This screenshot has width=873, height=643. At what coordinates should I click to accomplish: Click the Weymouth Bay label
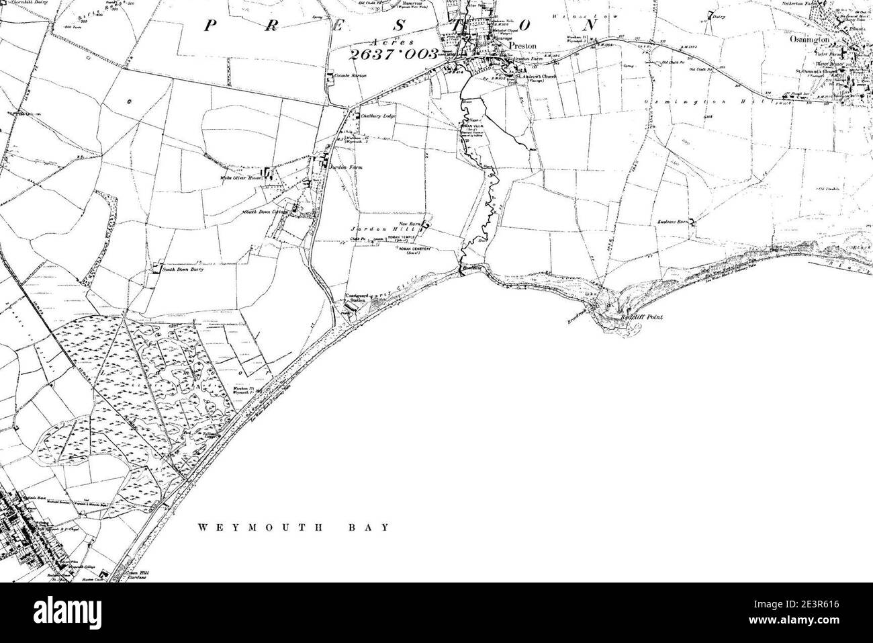coord(293,527)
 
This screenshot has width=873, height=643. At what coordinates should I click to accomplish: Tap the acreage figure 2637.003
coord(395,54)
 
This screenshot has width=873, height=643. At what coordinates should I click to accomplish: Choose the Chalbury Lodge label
coord(377,116)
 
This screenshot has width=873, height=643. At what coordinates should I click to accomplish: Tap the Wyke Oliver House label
coord(240,178)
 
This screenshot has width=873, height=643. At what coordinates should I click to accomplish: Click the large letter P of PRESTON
coord(210,26)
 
